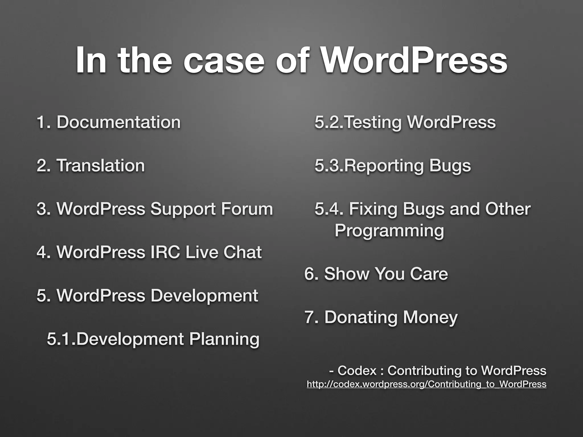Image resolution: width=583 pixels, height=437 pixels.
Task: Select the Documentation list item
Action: (x=118, y=122)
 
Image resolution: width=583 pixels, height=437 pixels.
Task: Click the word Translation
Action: (x=100, y=166)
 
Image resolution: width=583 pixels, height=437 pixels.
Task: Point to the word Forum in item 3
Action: (x=247, y=209)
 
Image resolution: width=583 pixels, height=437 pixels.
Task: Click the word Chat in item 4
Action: (x=242, y=252)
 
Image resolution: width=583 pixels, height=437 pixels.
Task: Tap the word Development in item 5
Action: (x=204, y=296)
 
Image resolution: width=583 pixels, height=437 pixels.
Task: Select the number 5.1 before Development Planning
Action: (x=61, y=339)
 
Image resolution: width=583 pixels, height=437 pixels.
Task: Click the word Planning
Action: (x=224, y=339)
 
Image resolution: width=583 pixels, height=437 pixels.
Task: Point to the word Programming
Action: (x=389, y=230)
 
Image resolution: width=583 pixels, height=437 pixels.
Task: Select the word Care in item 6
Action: (x=429, y=274)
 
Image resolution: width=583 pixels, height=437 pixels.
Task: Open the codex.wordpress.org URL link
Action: (x=426, y=384)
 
